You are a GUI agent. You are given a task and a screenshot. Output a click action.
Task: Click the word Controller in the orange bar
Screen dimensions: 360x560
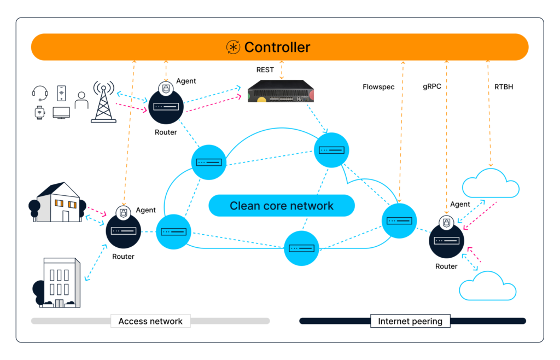(x=277, y=47)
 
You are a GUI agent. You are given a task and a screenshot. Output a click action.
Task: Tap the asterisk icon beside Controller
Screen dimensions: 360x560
(x=234, y=47)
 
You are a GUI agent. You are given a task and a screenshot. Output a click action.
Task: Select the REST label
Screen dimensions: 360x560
(x=265, y=70)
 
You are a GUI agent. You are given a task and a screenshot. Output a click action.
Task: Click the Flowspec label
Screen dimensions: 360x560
(x=378, y=87)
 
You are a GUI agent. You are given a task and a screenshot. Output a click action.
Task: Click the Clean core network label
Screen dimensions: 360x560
(x=282, y=206)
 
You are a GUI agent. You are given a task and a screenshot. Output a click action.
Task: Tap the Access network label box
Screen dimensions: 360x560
(x=150, y=321)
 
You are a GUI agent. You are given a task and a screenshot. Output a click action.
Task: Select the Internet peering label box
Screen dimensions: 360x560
(x=410, y=321)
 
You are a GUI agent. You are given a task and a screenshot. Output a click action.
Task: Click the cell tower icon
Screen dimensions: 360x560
(x=103, y=102)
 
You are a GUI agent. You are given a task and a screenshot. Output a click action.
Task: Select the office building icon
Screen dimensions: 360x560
(x=59, y=283)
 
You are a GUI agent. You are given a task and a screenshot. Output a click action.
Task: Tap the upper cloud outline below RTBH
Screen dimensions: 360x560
(x=491, y=184)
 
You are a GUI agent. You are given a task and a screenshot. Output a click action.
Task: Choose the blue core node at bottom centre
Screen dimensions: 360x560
(x=302, y=248)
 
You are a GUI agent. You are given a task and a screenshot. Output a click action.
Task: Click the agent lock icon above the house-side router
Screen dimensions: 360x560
(x=124, y=212)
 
